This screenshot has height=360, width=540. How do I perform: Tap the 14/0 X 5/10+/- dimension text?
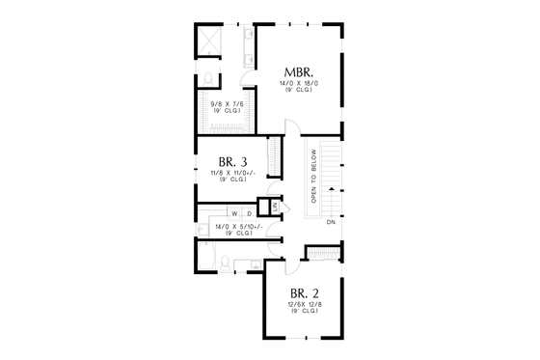pos(233,228)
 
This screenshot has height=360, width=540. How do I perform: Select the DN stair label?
pos(331,223)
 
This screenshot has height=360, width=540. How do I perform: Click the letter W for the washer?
pos(233,213)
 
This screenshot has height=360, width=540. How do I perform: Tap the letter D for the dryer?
pos(248,213)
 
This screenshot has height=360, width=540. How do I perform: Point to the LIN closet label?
pos(275,208)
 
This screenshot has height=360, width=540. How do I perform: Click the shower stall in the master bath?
pos(211,42)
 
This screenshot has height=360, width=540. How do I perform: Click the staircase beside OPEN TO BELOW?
pos(331,179)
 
